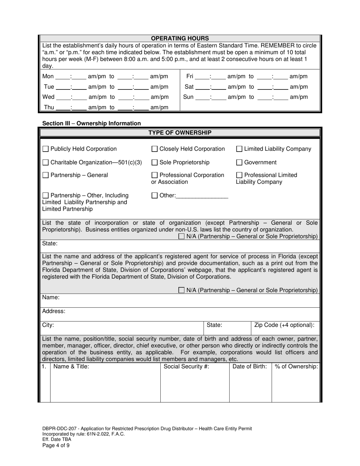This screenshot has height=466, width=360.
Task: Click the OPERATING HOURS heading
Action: pos(180,38)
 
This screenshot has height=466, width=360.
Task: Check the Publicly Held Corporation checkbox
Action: pos(45,149)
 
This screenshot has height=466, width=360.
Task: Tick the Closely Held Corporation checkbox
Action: pos(155,149)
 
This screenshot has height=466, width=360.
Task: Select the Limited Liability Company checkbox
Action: pos(239,149)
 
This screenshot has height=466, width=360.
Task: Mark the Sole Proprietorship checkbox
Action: pos(155,163)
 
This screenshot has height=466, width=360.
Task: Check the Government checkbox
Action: pos(239,163)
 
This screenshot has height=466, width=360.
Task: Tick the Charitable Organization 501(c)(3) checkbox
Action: pos(45,163)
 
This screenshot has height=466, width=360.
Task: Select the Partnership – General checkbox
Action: pos(45,175)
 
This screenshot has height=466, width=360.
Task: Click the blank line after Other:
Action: pos(202,196)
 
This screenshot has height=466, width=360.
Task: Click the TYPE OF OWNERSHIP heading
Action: pos(180,133)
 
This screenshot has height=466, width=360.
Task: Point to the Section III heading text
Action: pos(91,123)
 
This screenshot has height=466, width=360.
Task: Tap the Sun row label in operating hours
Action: pos(188,97)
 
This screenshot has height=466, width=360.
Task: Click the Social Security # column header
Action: pos(186,366)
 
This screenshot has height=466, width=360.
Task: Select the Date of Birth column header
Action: pos(250,366)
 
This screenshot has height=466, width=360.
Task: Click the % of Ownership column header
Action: pos(296,366)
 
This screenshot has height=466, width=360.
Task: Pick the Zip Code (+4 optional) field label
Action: pos(284,325)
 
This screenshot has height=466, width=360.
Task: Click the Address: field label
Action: pos(54,311)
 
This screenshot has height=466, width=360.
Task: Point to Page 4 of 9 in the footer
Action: pos(56,446)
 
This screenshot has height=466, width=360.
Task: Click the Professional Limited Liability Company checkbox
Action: pos(239,175)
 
